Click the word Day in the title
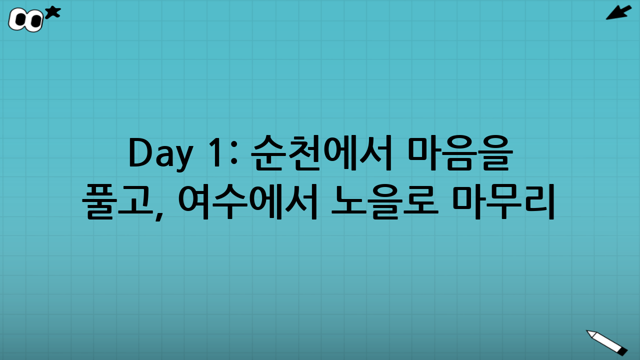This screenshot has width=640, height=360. pos(159,153)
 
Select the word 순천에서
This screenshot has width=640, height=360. pos(321,153)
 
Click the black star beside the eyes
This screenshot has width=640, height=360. pos(52,12)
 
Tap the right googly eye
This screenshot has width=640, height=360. pos(35,21)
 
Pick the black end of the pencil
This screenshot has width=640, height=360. pos(622,351)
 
